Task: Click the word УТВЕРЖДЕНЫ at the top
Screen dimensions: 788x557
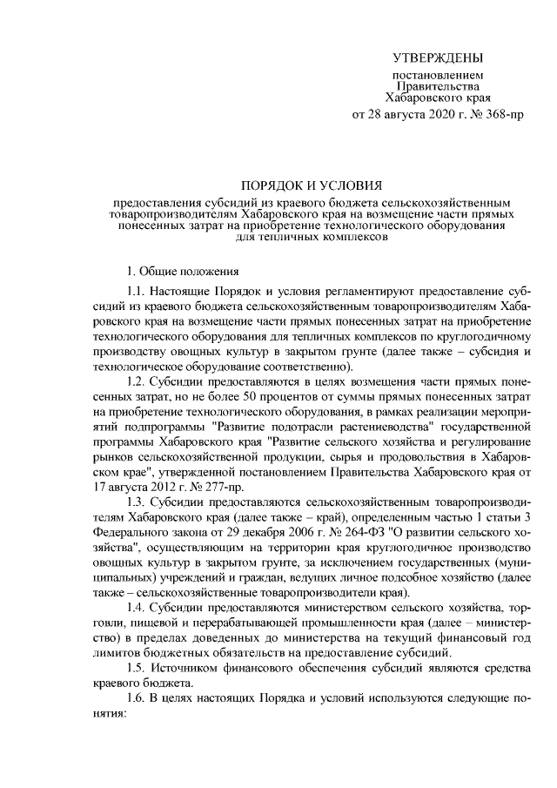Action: tap(438, 58)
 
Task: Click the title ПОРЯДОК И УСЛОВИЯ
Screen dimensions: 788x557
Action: tap(311, 185)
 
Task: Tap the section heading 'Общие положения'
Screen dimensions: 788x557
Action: tap(186, 271)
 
